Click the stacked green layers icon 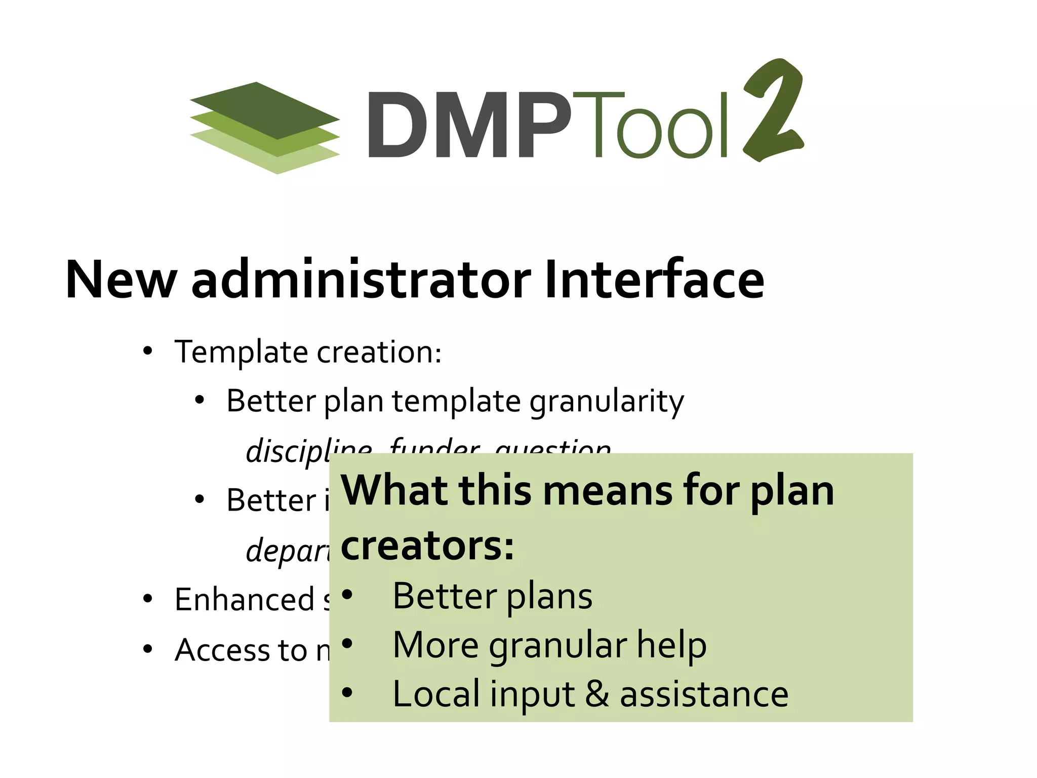[265, 128]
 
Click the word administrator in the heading [361, 280]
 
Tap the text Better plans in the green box [492, 596]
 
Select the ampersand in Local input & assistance [597, 694]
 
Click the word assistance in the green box [704, 694]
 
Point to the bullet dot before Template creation [147, 351]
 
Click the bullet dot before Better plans [346, 595]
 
